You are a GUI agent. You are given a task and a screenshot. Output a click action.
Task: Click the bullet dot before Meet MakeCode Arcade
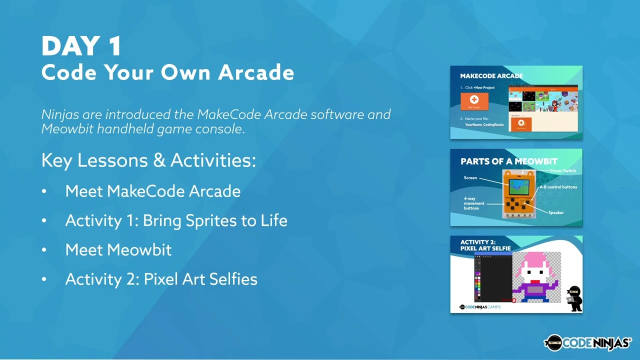(44, 191)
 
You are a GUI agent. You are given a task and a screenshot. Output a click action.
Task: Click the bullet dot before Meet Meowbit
(44, 250)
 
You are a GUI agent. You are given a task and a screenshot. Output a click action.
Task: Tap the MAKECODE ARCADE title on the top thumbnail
(491, 76)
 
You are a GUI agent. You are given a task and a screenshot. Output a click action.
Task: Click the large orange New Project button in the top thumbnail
(474, 101)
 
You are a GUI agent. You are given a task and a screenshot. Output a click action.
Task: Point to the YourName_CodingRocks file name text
(484, 124)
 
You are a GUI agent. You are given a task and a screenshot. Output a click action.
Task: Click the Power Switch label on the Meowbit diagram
(563, 171)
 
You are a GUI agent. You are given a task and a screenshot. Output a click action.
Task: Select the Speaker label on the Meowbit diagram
(555, 212)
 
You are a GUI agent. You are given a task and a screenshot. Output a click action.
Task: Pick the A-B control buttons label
(558, 187)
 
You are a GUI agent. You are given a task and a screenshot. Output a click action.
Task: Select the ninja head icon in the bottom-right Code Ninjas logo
(553, 342)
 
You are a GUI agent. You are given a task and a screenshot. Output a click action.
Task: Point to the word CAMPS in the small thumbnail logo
(494, 307)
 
